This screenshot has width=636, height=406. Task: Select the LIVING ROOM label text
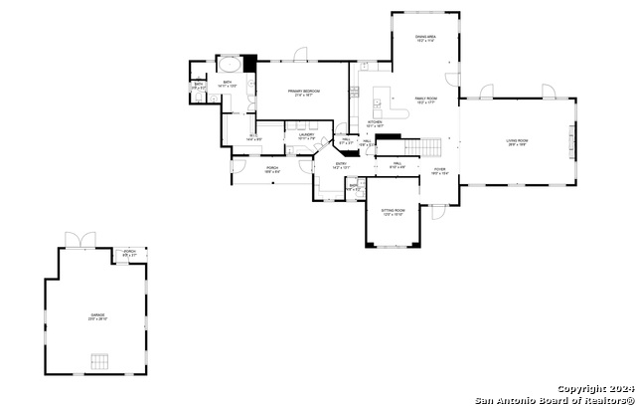[516, 141]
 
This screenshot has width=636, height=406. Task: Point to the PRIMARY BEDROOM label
[302, 92]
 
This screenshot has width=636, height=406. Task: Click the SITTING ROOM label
[393, 211]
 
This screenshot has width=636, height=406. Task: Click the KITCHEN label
[375, 122]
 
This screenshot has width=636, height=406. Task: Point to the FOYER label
[439, 170]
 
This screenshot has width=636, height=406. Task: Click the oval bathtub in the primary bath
[228, 66]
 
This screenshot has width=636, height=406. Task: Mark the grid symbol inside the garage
[97, 360]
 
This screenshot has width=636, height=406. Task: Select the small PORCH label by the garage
[130, 253]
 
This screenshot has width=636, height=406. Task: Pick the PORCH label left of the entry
[272, 168]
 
